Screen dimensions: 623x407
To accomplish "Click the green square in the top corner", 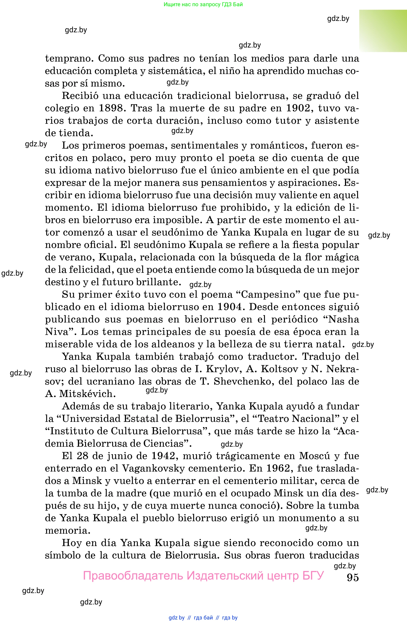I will pos(383,31).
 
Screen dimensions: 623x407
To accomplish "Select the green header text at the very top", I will pos(203,5).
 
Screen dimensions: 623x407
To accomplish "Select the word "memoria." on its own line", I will pos(67,530).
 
